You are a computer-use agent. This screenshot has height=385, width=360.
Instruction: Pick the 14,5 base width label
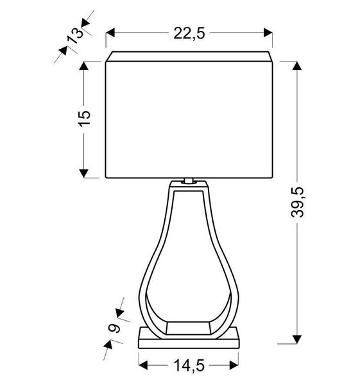[189, 365]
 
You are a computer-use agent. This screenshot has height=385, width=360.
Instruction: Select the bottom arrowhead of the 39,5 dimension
[296, 339]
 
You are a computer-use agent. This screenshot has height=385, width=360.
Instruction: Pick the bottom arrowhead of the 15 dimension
[83, 173]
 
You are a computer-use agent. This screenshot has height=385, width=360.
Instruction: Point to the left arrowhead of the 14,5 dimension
[142, 365]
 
